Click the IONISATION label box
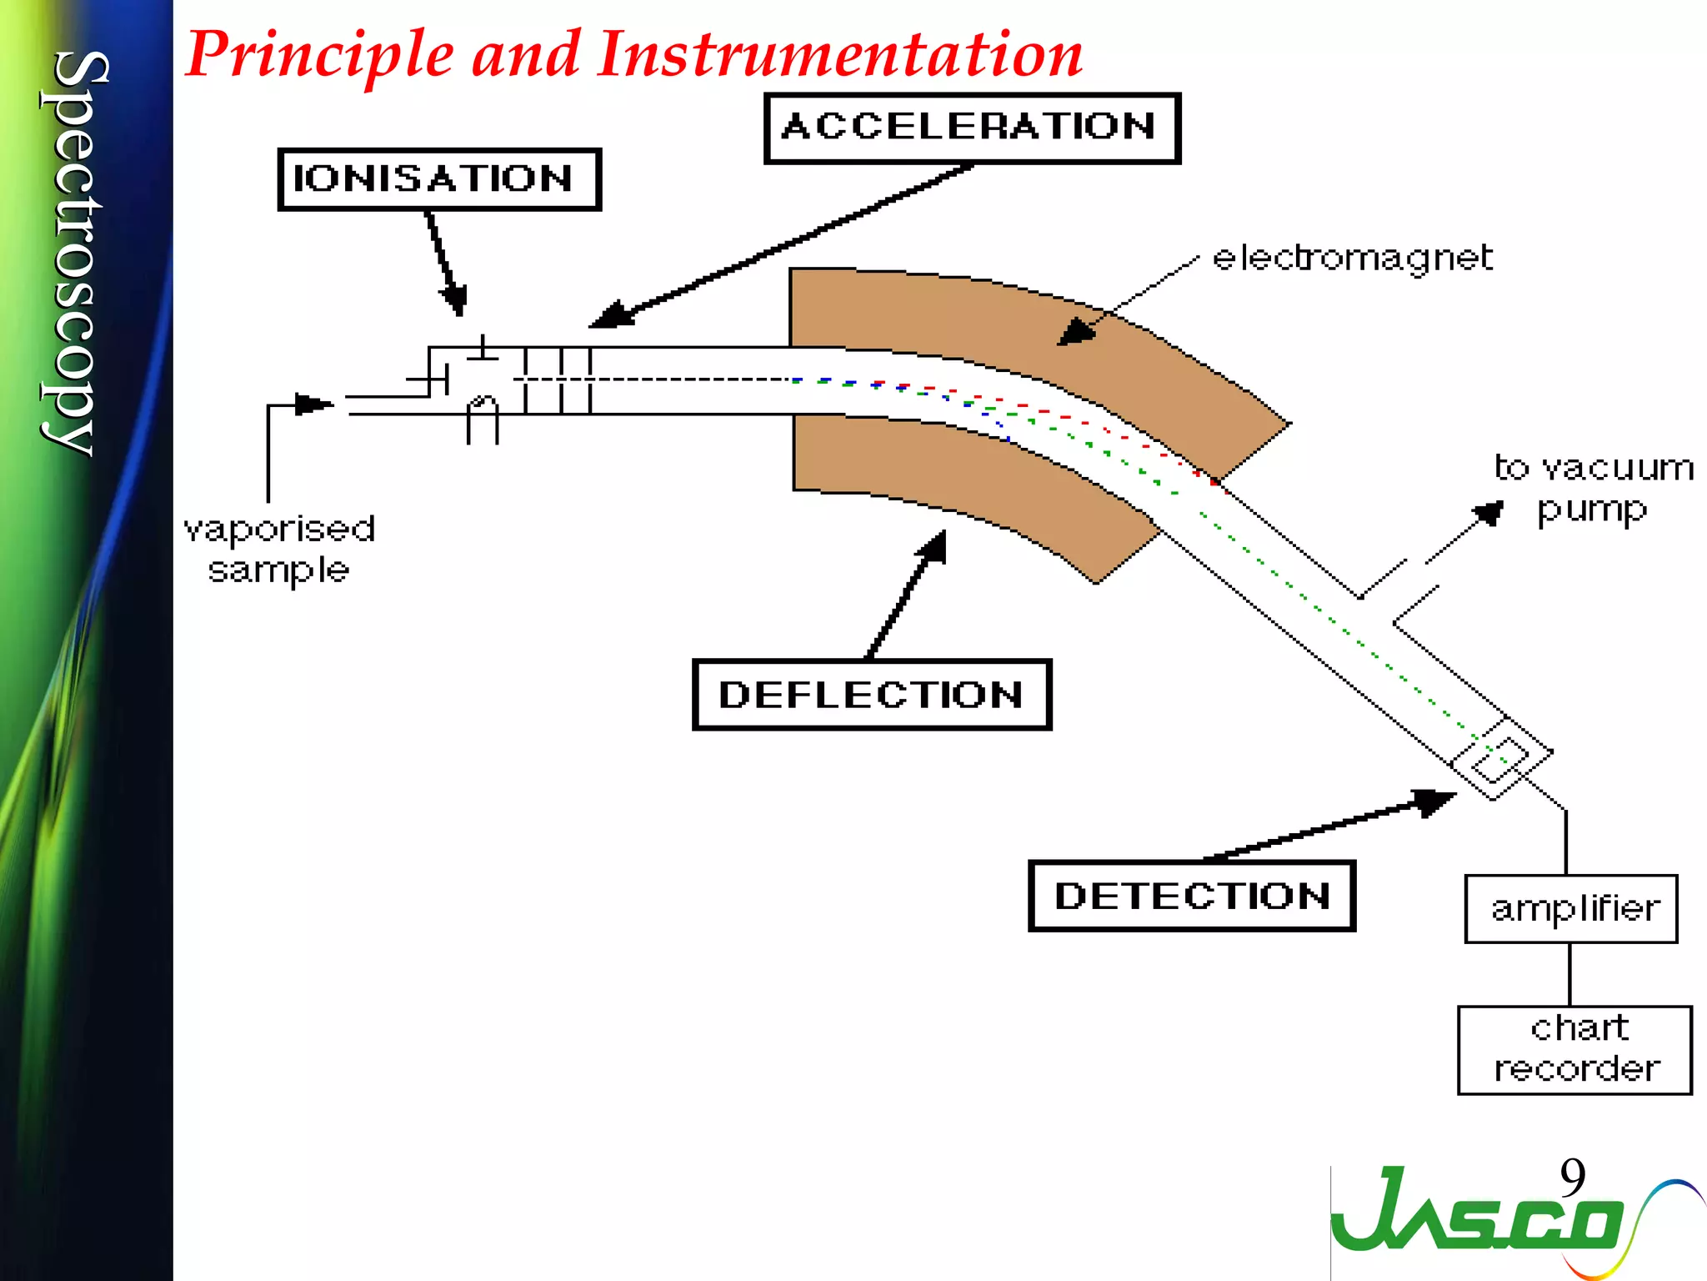[439, 179]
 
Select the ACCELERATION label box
[972, 128]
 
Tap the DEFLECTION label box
[872, 695]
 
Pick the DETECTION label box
[1192, 896]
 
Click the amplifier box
[1571, 908]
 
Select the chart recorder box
[1574, 1049]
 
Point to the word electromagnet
[1352, 258]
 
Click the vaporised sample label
[279, 550]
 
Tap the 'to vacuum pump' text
[1593, 489]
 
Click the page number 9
[1572, 1178]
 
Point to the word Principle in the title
[320, 55]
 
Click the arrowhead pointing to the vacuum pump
[1490, 512]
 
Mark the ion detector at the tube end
[1500, 757]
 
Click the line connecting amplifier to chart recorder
[1569, 974]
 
